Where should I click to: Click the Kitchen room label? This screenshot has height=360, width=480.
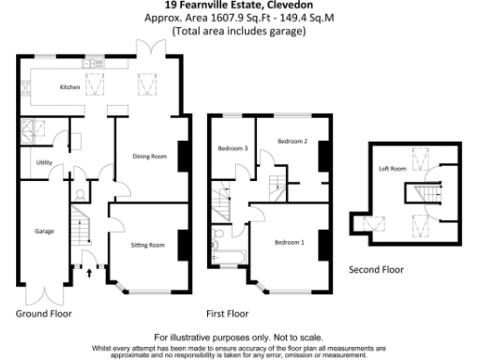(70, 87)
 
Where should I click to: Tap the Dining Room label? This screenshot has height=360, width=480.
(151, 157)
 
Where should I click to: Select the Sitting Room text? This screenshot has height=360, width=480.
(148, 245)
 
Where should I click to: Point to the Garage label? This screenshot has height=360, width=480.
(44, 231)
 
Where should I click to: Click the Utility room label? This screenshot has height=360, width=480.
(44, 162)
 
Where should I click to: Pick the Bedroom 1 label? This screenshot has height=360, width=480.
(289, 243)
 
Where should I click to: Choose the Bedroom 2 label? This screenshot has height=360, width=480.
(292, 141)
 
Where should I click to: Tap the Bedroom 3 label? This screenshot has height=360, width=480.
(232, 148)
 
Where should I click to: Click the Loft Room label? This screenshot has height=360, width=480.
(392, 169)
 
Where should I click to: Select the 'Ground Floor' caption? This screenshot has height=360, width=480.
(43, 313)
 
